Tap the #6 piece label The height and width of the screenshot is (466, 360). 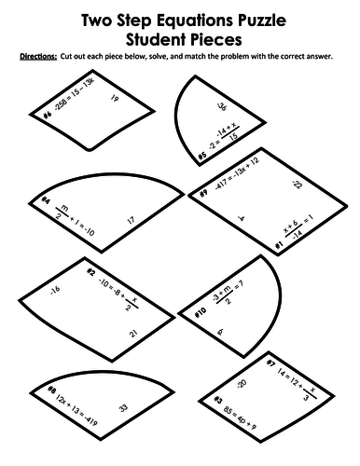(x=46, y=116)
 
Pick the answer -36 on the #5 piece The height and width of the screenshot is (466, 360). (x=221, y=106)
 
